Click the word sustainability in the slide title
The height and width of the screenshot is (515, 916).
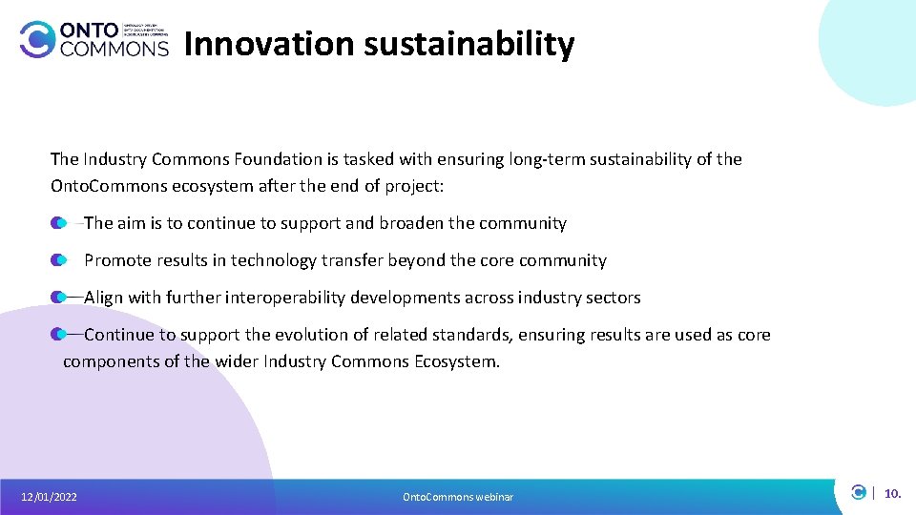[466, 44]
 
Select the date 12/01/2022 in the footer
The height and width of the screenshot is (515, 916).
[50, 497]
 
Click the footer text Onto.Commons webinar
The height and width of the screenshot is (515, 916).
[458, 497]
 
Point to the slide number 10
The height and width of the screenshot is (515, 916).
[892, 494]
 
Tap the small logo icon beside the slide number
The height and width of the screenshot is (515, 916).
[859, 493]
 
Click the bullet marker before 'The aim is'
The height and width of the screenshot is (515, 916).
[59, 223]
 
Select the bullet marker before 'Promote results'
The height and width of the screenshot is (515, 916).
[59, 260]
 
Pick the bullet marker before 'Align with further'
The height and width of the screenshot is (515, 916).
[59, 298]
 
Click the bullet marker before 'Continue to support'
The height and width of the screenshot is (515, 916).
[59, 335]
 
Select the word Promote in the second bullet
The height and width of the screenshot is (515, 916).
[115, 260]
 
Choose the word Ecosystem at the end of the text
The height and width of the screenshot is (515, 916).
[456, 361]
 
